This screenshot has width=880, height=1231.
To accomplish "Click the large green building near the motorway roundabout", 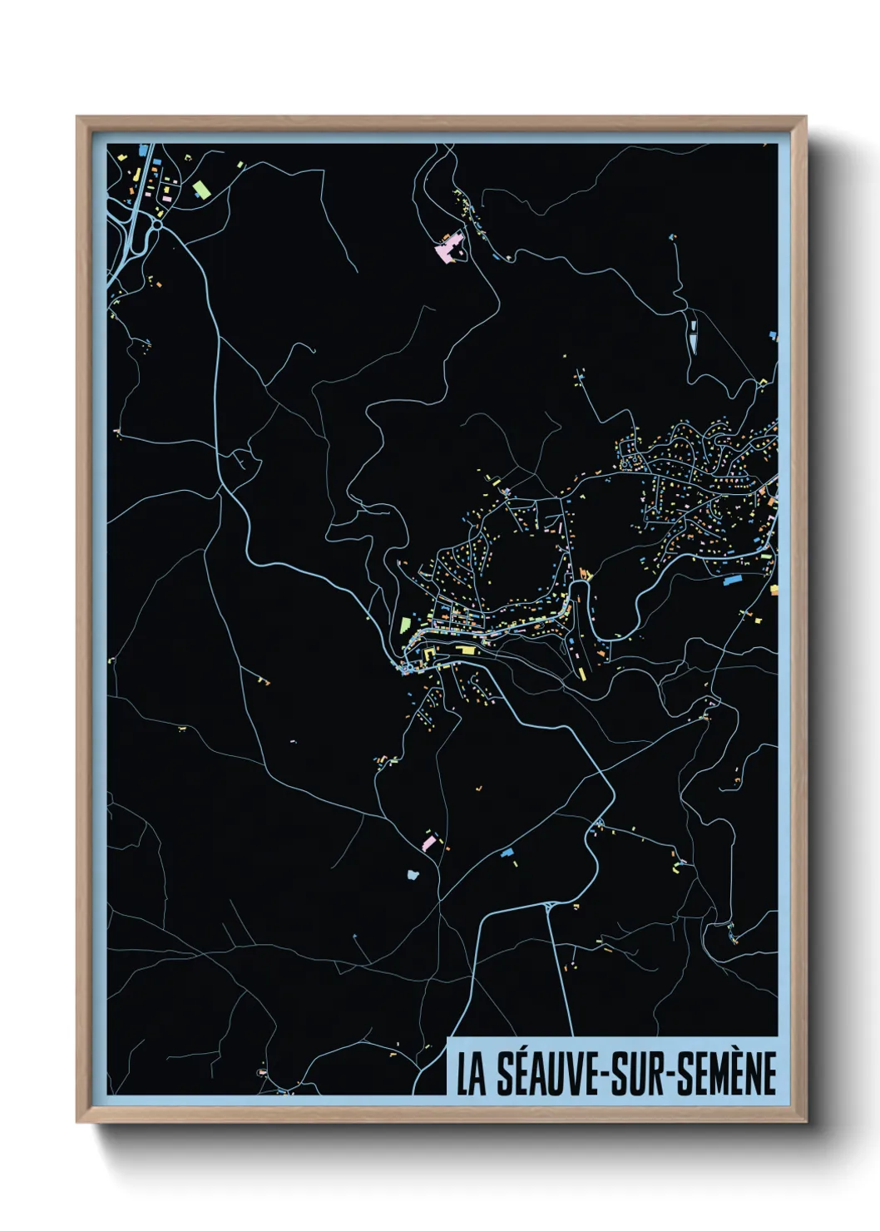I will (201, 190).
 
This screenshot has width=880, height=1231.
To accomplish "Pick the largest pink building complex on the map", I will (450, 248).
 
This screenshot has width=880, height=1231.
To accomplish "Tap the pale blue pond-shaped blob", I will (413, 874).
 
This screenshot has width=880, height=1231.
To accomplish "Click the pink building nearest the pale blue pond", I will (428, 843).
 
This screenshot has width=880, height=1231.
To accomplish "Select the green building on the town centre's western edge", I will (405, 624).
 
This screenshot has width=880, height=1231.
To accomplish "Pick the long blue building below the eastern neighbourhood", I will (732, 581).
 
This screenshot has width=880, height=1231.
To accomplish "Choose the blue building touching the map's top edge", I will (144, 151).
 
